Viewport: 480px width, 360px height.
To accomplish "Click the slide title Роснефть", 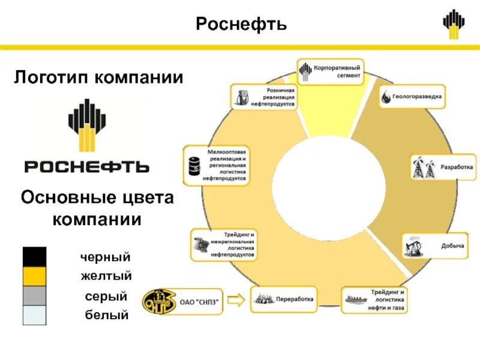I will pyautogui.click(x=241, y=25).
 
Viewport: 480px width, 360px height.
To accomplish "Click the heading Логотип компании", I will pyautogui.click(x=98, y=77).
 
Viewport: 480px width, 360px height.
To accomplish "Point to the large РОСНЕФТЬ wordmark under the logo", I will pyautogui.click(x=87, y=166).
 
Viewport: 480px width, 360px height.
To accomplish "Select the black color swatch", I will pyautogui.click(x=34, y=257).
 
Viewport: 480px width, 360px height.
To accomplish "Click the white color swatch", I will pyautogui.click(x=34, y=315).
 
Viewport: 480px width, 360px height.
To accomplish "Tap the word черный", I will pyautogui.click(x=106, y=257).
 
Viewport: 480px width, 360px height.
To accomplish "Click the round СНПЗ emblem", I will pyautogui.click(x=160, y=302).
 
